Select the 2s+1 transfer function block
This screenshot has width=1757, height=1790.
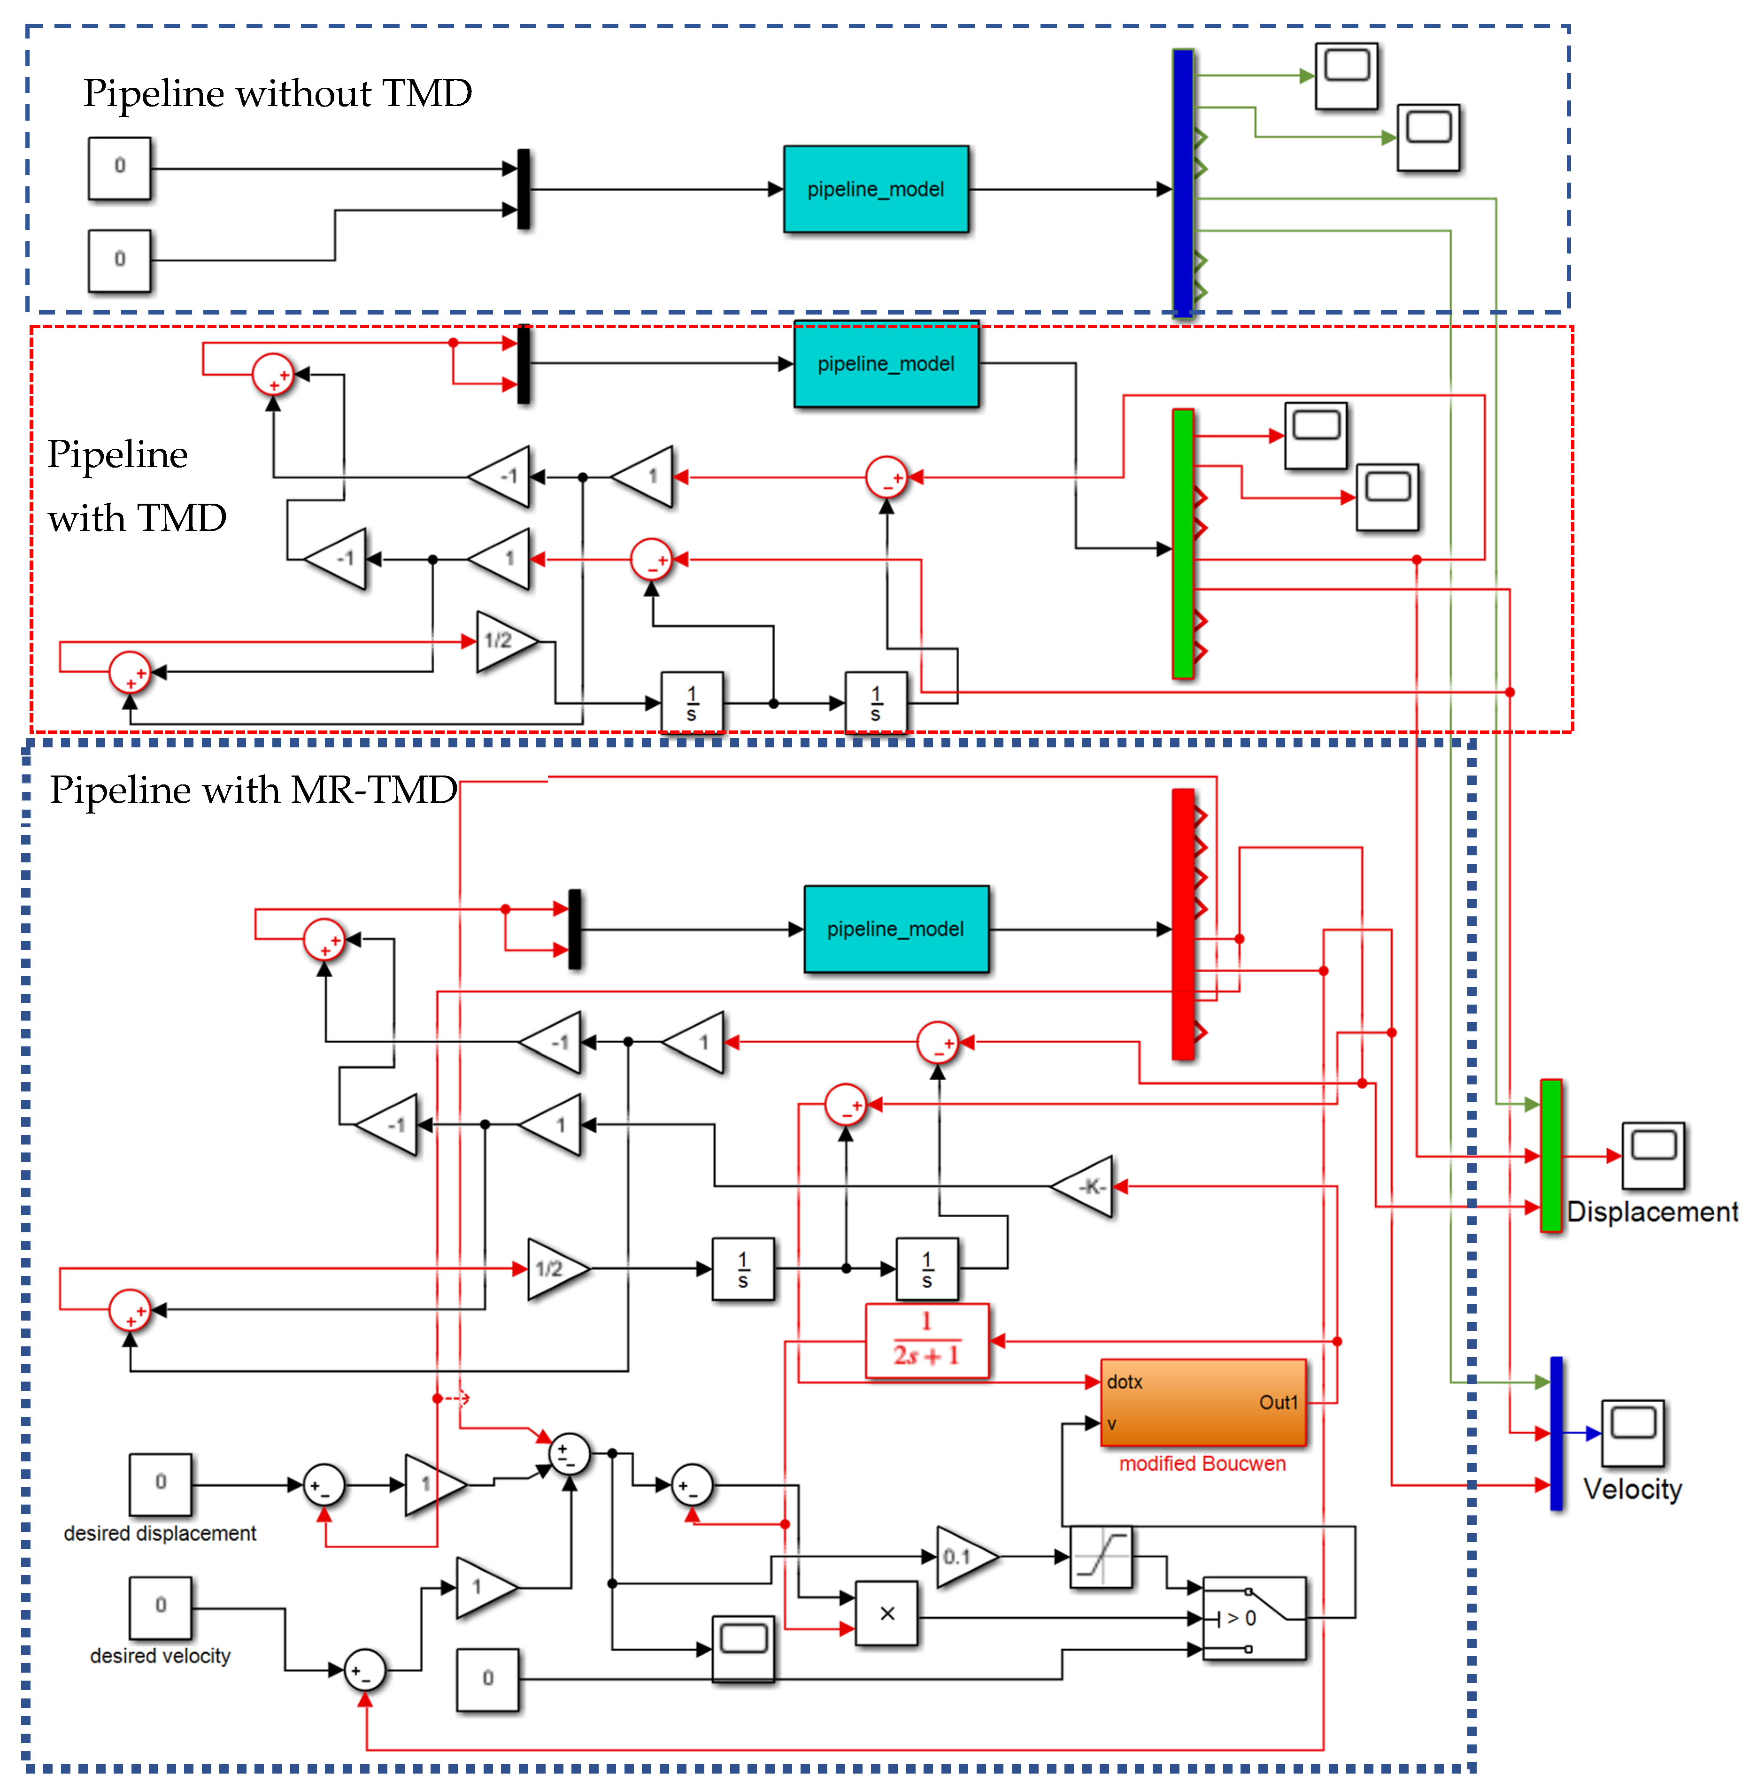pyautogui.click(x=926, y=1341)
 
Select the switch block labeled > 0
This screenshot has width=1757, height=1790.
pyautogui.click(x=1253, y=1617)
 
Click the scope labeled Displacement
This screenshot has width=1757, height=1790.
pyautogui.click(x=1653, y=1155)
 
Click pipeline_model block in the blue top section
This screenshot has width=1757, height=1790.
pyautogui.click(x=876, y=189)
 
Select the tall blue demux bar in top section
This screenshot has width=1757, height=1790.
pyautogui.click(x=1182, y=183)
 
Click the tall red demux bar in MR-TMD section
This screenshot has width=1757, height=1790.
pyautogui.click(x=1182, y=922)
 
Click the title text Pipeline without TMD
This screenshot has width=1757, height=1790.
pyautogui.click(x=277, y=93)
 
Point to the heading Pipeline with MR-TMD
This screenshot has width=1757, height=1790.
pyautogui.click(x=253, y=790)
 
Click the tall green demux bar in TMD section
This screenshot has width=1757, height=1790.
pyautogui.click(x=1182, y=545)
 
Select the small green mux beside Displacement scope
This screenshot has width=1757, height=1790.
pyautogui.click(x=1551, y=1155)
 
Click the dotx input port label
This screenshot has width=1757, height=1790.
pyautogui.click(x=1125, y=1381)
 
